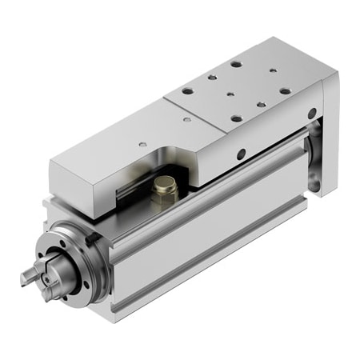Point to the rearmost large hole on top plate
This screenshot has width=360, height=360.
click(236, 63)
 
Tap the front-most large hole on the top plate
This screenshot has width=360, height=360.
click(237, 119)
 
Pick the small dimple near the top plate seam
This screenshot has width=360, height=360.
click(186, 120)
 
